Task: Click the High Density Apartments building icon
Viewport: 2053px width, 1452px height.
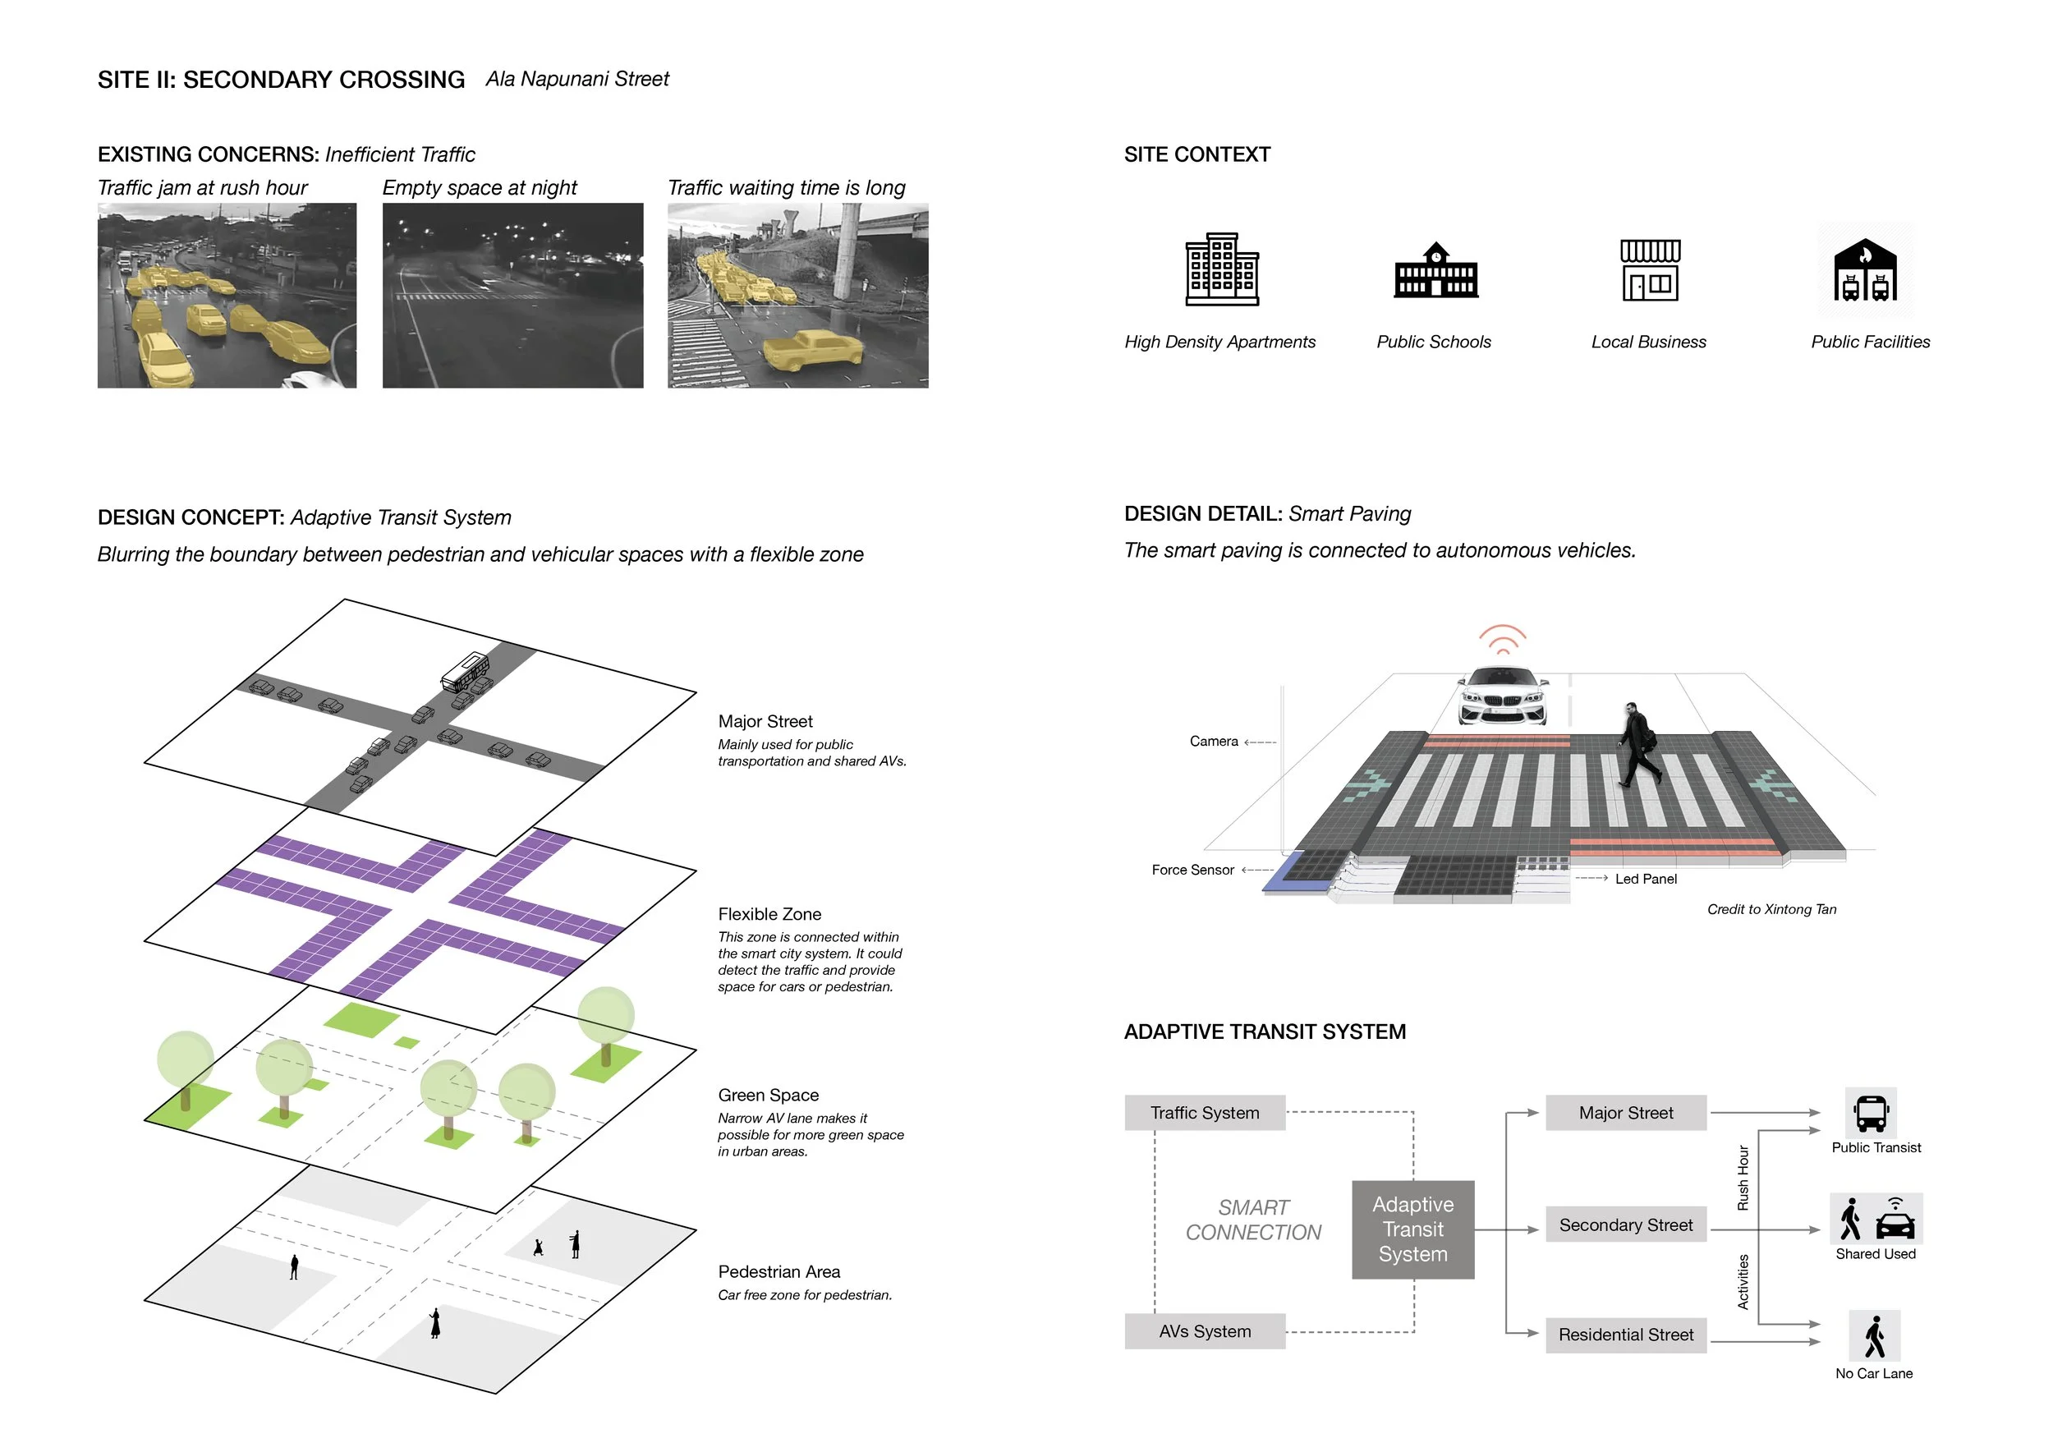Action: pyautogui.click(x=1221, y=269)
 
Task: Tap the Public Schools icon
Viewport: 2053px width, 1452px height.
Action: pyautogui.click(x=1435, y=271)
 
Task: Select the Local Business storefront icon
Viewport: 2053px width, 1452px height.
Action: pyautogui.click(x=1650, y=270)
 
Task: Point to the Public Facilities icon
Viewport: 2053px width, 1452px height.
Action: pyautogui.click(x=1865, y=270)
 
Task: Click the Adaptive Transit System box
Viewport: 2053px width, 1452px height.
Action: pyautogui.click(x=1412, y=1229)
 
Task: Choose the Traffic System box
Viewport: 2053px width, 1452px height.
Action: pyautogui.click(x=1205, y=1113)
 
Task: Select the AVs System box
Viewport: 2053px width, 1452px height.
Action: pyautogui.click(x=1205, y=1331)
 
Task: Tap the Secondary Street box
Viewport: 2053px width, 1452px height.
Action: pyautogui.click(x=1626, y=1225)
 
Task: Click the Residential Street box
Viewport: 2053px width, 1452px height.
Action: pyautogui.click(x=1626, y=1335)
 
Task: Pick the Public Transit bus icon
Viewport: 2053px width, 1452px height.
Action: pyautogui.click(x=1871, y=1113)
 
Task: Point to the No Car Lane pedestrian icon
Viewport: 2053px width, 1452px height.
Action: pyautogui.click(x=1874, y=1337)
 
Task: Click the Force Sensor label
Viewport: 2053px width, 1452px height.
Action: pyautogui.click(x=1193, y=870)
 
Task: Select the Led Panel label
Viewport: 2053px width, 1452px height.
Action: pyautogui.click(x=1645, y=879)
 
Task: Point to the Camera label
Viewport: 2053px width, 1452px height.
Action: pyautogui.click(x=1214, y=742)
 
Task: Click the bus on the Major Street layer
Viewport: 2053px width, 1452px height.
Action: pyautogui.click(x=465, y=673)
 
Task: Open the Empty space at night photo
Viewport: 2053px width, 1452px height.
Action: pyautogui.click(x=512, y=296)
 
